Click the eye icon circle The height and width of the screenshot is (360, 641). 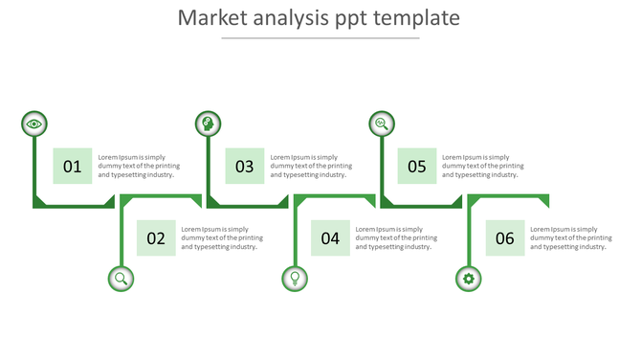34,124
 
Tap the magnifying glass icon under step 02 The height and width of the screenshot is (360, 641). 121,279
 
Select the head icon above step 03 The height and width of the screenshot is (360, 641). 208,124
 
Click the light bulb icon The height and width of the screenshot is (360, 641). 295,279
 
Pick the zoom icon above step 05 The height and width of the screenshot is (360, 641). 382,124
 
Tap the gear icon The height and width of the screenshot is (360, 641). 468,279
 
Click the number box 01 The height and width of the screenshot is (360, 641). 73,167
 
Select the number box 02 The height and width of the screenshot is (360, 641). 156,238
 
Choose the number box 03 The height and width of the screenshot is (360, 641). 245,167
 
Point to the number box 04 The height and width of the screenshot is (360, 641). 331,238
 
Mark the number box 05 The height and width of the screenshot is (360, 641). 417,167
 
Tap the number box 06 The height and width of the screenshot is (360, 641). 505,238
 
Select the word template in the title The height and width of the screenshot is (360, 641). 417,18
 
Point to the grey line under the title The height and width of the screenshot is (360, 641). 320,38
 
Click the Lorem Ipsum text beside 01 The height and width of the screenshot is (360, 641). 139,167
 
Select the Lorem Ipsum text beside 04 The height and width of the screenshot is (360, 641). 396,238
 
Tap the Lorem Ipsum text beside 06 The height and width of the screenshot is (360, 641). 571,238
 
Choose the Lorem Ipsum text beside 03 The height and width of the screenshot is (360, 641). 311,167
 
